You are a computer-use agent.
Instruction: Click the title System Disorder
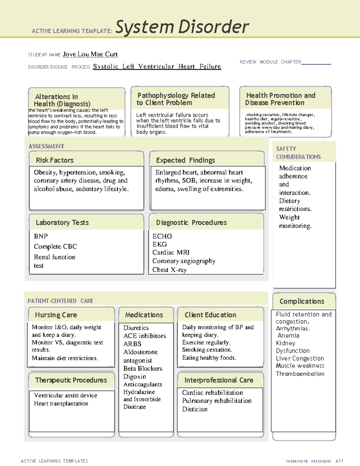point(182,27)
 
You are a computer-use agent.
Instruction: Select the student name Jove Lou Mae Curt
point(90,54)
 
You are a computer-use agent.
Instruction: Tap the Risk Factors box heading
point(55,160)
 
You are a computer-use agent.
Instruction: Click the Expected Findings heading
point(185,160)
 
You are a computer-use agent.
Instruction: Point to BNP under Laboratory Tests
point(41,236)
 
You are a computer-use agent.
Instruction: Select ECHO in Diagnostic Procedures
point(162,236)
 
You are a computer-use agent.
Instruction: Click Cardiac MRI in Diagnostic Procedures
point(171,252)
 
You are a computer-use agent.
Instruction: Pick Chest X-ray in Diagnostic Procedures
point(169,270)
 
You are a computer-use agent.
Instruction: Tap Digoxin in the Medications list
point(135,377)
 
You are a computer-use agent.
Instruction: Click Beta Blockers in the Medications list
point(143,368)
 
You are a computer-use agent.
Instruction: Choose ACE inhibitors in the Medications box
point(145,336)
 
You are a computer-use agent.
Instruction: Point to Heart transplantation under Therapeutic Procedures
point(61,404)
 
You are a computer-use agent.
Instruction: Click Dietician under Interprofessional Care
point(195,409)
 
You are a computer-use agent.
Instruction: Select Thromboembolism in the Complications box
point(300,374)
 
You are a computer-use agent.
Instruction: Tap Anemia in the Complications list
point(288,335)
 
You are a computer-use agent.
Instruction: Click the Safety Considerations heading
point(298,153)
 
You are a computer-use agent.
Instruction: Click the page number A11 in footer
point(339,461)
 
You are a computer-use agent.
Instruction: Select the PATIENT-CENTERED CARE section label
point(60,301)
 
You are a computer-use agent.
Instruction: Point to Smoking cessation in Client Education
point(207,350)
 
